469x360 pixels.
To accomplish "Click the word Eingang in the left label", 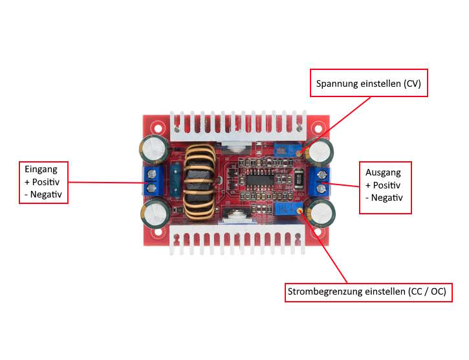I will click(36, 169).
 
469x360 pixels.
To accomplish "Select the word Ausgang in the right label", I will click(383, 172).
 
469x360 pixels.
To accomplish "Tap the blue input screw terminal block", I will click(153, 181).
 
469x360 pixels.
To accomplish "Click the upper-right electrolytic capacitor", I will click(320, 153).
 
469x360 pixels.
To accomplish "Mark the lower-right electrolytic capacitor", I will click(320, 213).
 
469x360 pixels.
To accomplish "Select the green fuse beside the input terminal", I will click(174, 181).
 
